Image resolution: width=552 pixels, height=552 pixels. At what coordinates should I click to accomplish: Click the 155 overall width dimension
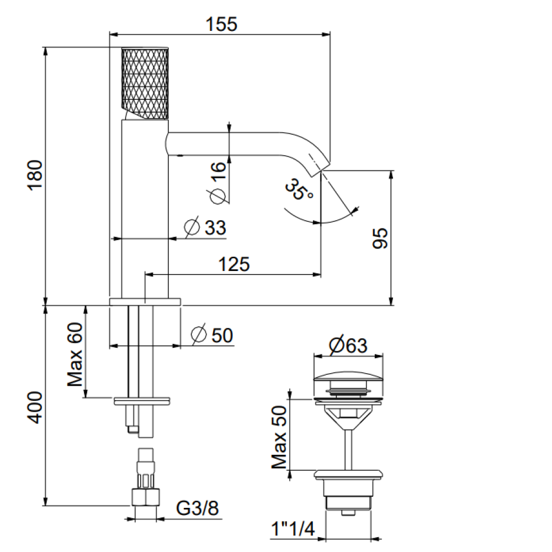point(221,25)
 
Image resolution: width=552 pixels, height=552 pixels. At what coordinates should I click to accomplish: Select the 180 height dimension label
point(35,175)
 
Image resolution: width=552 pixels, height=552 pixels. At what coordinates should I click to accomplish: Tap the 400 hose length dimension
point(35,408)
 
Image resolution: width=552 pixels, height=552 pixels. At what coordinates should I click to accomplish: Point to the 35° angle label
point(299,189)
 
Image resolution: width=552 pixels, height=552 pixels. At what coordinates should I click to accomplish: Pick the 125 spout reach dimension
point(233,264)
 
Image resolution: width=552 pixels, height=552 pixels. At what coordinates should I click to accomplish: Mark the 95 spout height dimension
point(380,238)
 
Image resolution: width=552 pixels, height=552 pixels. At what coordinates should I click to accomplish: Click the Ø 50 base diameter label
point(212,335)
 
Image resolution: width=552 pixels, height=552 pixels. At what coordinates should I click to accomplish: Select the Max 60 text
point(75,354)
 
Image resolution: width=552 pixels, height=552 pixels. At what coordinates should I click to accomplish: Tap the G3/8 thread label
point(197,508)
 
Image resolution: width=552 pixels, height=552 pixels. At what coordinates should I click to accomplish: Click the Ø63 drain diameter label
point(348,346)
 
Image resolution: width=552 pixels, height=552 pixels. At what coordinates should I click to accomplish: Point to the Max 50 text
point(279,437)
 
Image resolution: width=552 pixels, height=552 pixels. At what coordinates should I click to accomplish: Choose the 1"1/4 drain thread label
point(293,529)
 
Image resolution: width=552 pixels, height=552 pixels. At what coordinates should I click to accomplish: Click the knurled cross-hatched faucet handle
point(145,83)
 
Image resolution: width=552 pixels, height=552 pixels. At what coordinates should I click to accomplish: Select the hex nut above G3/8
point(145,497)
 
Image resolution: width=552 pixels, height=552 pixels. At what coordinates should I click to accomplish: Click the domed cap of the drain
point(348,376)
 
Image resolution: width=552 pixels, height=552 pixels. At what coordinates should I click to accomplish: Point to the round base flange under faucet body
point(145,302)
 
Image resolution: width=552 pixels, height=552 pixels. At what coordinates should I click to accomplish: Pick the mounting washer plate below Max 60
point(142,401)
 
